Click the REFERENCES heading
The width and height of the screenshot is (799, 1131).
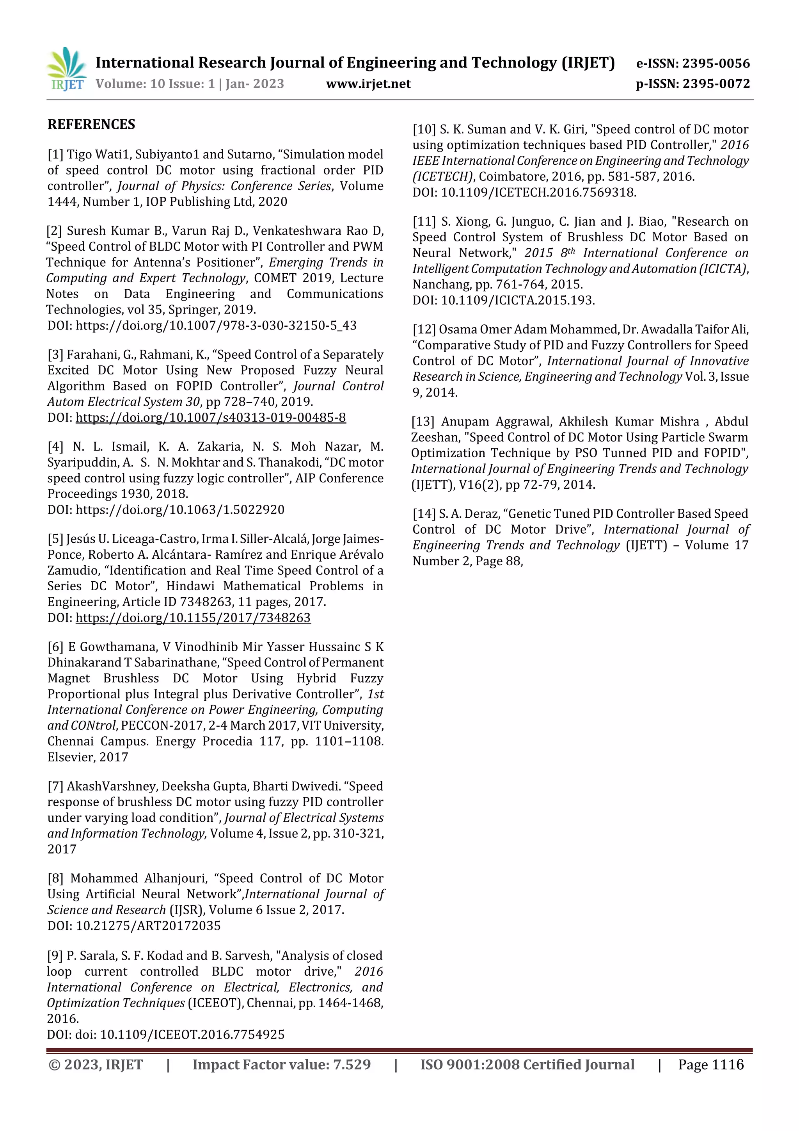[91, 124]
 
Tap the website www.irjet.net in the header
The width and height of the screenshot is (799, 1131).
[368, 84]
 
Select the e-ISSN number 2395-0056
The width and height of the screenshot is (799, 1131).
[716, 64]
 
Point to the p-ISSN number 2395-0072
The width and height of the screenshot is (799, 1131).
[716, 84]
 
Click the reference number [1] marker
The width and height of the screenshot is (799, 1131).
[55, 155]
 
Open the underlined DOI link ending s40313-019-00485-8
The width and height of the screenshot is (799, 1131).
[211, 418]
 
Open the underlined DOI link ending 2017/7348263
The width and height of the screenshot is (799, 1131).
[193, 618]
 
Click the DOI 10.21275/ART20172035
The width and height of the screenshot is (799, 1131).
[148, 926]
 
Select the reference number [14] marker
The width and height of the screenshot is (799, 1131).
[424, 514]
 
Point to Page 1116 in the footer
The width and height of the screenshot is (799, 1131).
[710, 1065]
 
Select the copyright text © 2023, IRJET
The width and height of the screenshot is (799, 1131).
[96, 1065]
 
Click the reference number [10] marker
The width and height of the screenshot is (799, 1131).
[424, 130]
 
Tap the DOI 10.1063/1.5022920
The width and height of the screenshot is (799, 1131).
[180, 510]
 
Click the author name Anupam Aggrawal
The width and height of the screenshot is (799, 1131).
[493, 422]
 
